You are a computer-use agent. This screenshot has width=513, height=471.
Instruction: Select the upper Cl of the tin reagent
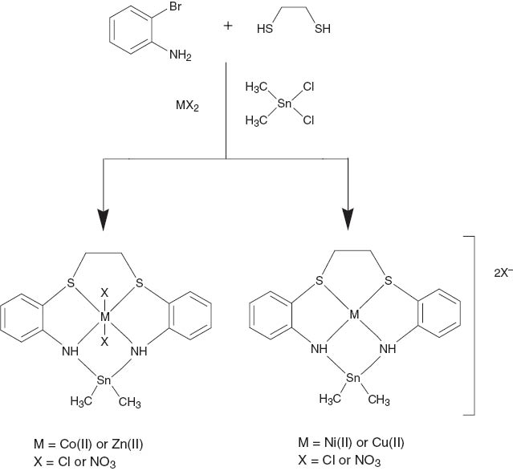pyautogui.click(x=309, y=83)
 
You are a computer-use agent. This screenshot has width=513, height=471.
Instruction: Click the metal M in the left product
pyautogui.click(x=104, y=317)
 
